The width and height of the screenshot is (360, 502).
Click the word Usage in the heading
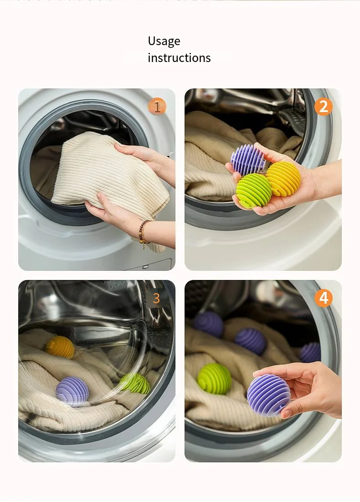(164, 41)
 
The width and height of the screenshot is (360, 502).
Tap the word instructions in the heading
(179, 58)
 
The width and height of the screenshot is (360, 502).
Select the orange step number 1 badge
(157, 107)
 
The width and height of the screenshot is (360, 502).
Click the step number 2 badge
(323, 107)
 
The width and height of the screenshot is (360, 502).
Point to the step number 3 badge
(156, 298)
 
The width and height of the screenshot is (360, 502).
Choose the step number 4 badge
(323, 298)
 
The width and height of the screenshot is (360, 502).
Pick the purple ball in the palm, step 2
(248, 160)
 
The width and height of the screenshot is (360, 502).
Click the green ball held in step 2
(253, 191)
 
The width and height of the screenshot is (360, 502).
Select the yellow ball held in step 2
(283, 179)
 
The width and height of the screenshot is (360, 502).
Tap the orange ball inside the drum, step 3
(60, 347)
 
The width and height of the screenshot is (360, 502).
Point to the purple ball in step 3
(72, 391)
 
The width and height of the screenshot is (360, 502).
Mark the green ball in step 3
(136, 383)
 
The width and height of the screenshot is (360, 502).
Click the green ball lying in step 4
(214, 379)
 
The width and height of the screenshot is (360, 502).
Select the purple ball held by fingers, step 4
(268, 395)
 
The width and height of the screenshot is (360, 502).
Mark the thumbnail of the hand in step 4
(287, 413)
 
